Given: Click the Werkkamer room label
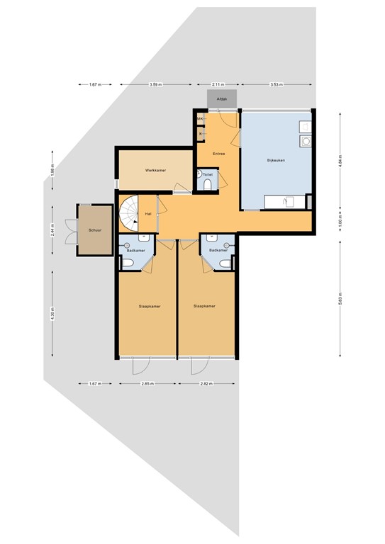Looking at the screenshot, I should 155,171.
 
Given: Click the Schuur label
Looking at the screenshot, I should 94,231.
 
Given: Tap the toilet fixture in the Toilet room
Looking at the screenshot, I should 207,186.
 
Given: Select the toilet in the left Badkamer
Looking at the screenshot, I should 128,263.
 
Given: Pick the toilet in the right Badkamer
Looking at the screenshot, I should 225,263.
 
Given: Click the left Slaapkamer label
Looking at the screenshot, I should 147,306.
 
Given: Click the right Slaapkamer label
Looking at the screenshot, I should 204,306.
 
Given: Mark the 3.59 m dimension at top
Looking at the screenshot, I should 156,85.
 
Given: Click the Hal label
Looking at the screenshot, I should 148,213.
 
